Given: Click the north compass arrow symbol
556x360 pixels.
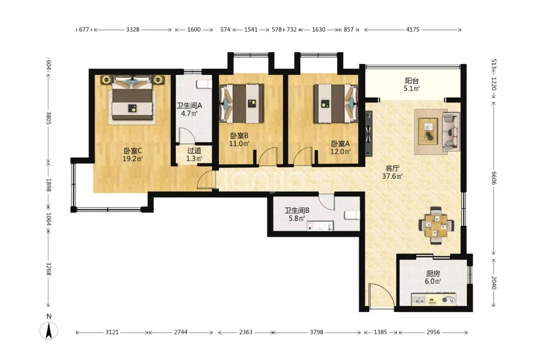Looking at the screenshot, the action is point(49,331).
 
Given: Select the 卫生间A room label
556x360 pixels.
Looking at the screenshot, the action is point(190,105).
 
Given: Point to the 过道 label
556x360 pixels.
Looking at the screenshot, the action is point(194,151).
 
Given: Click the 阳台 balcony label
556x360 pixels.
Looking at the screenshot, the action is point(412,81).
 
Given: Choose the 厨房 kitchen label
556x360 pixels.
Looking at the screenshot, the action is point(433,274).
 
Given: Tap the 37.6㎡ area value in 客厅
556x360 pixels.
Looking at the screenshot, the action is point(392,176).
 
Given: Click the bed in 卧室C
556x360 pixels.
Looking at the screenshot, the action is point(133,98).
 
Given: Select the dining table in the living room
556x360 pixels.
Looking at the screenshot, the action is point(436,226).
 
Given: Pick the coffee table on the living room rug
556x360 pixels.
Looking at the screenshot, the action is point(428,132).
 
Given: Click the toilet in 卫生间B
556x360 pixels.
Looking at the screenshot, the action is point(352,215).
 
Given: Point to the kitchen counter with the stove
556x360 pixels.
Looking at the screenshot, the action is point(433,299).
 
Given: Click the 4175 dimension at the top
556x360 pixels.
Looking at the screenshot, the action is point(413,30).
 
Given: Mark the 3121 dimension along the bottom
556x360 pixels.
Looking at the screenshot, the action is point(112,333).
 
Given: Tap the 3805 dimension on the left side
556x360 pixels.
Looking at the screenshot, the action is point(49,118).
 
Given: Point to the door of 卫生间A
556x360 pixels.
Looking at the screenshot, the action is point(185,135).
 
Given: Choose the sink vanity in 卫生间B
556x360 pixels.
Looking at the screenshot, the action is point(320,226).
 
